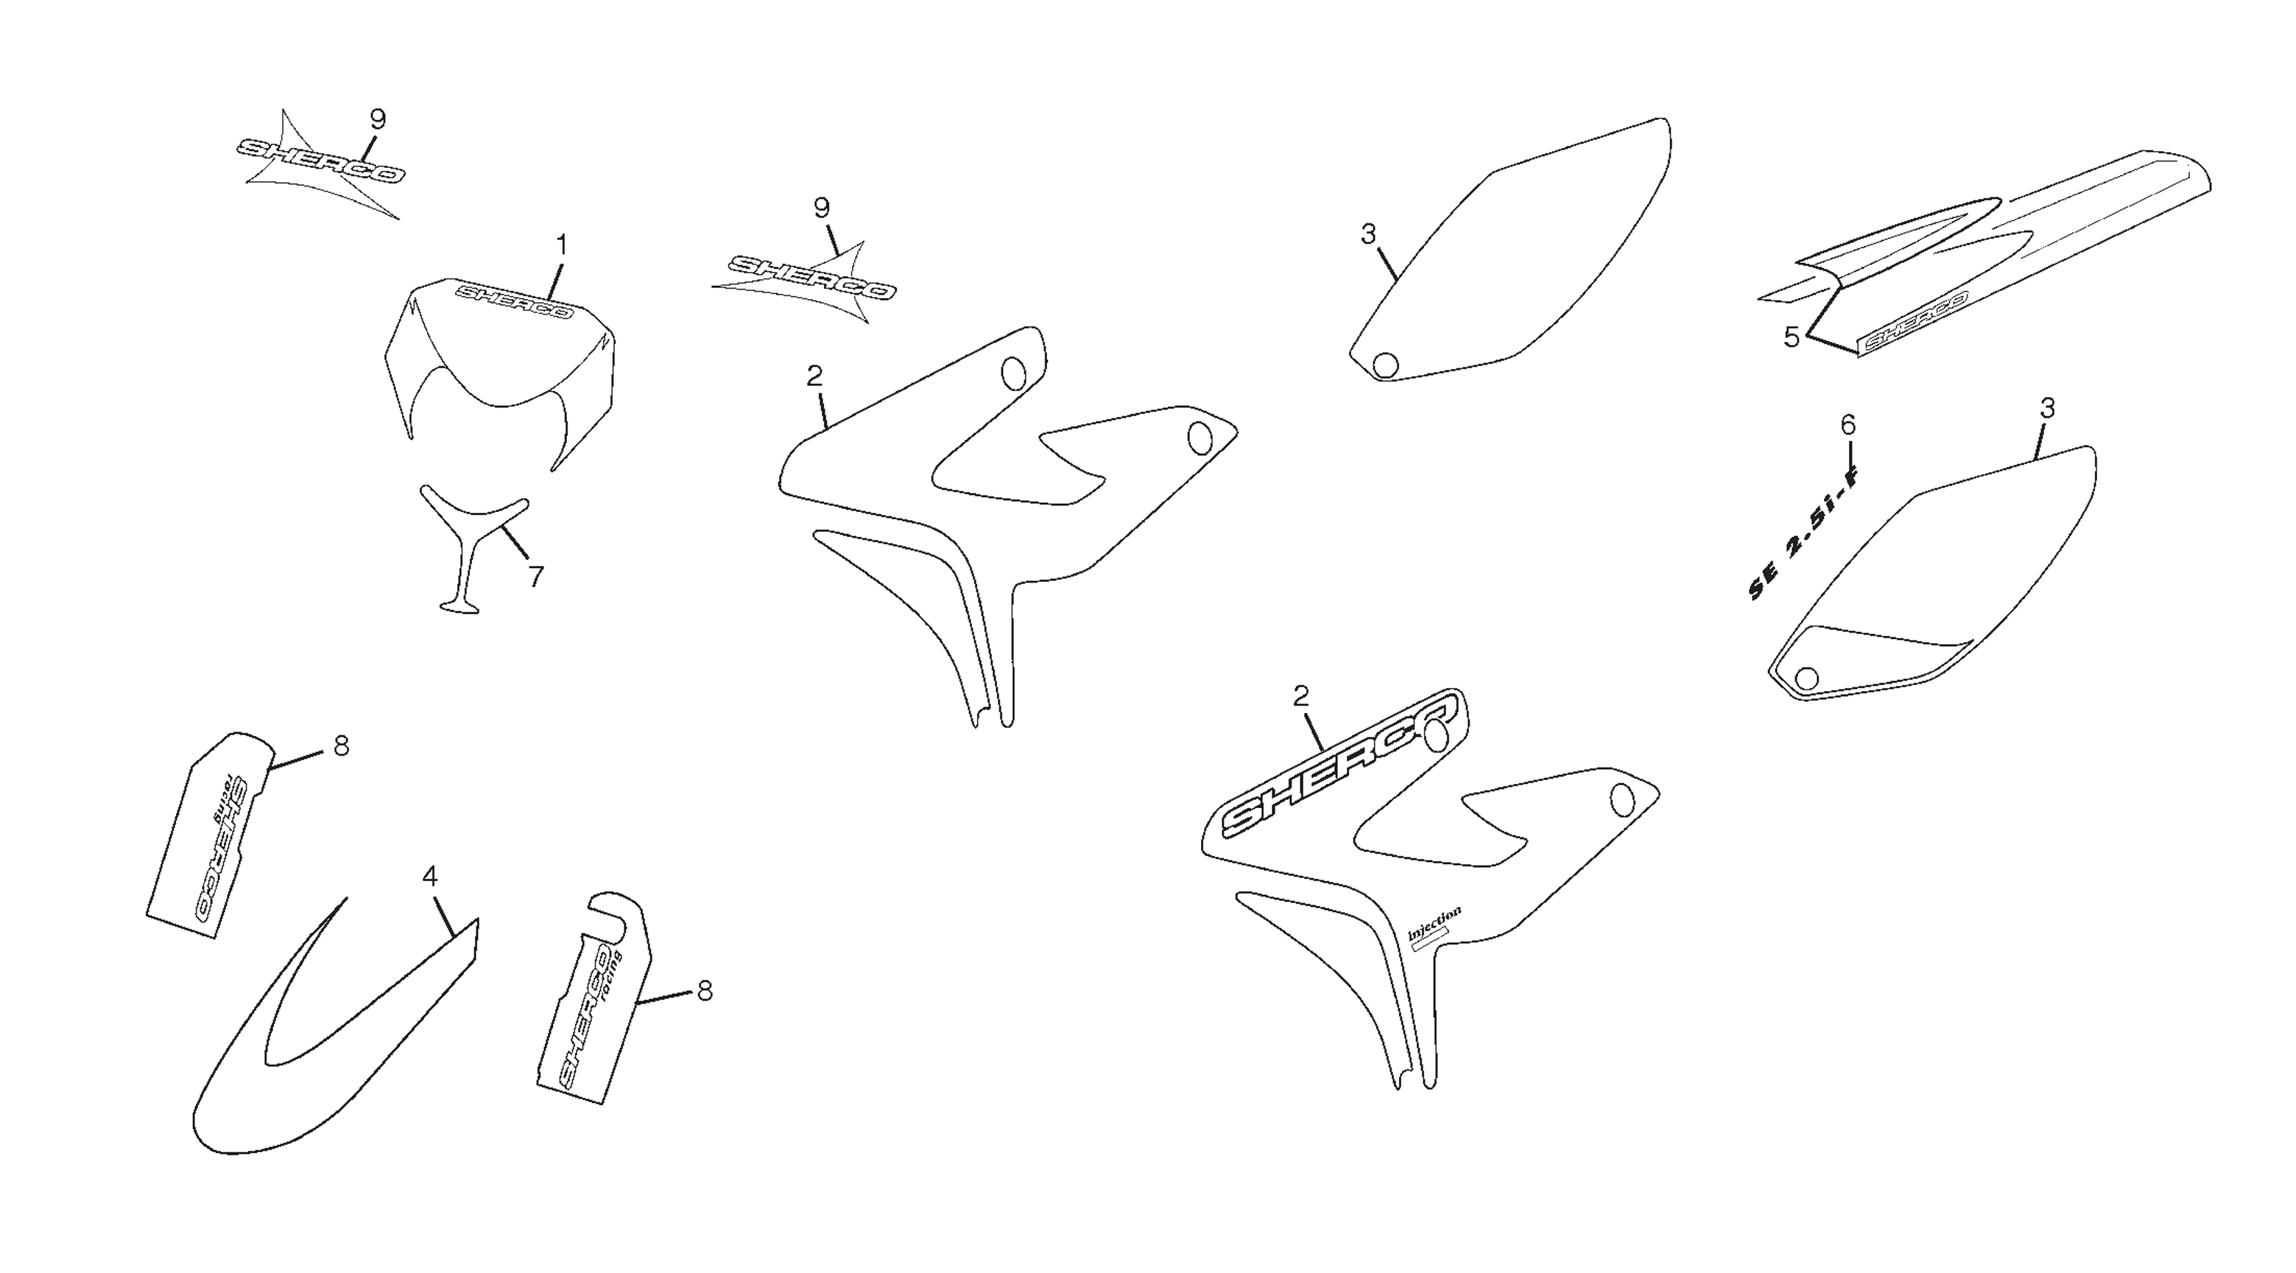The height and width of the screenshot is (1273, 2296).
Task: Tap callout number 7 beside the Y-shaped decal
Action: click(x=535, y=578)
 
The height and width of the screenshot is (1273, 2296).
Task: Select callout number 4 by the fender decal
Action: click(x=429, y=877)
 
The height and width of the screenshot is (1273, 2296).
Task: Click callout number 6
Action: click(x=1848, y=426)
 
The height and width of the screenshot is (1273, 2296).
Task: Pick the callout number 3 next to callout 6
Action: click(x=2047, y=408)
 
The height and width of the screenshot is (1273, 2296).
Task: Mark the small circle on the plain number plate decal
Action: click(x=1385, y=365)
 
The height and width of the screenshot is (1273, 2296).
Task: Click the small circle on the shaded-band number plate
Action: click(x=1806, y=678)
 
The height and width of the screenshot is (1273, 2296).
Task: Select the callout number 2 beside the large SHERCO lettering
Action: click(x=1300, y=696)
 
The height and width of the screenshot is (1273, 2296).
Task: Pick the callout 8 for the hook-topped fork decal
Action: click(x=705, y=990)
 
